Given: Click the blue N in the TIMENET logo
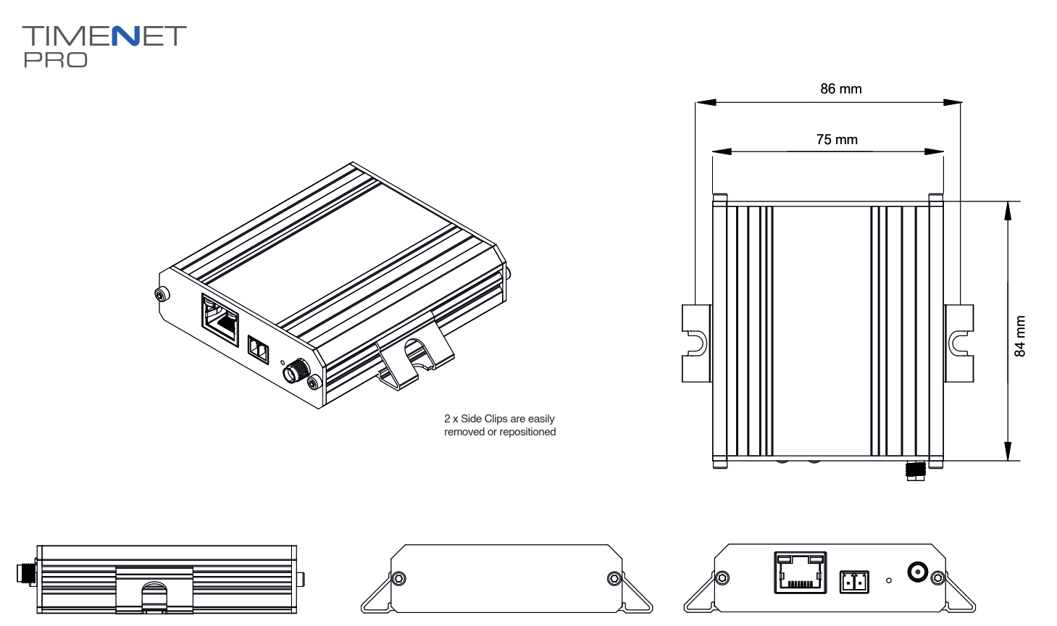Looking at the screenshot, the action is (126, 36).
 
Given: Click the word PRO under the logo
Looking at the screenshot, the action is (55, 60).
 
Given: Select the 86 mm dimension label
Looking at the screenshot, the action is (840, 89).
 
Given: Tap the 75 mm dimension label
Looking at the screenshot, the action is (837, 140).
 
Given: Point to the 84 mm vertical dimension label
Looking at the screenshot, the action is (1020, 336).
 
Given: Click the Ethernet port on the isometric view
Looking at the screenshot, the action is (220, 320).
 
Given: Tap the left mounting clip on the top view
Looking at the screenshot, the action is (696, 343).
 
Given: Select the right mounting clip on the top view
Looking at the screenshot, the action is (959, 343).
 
